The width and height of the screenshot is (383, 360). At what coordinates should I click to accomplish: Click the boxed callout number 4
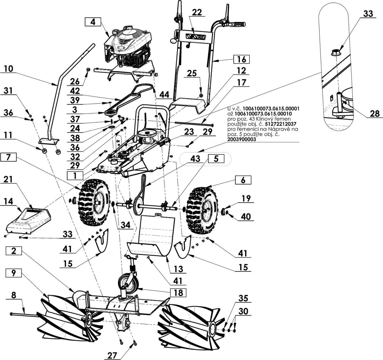(x=93, y=22)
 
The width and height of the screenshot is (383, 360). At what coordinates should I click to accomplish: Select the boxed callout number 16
(x=242, y=59)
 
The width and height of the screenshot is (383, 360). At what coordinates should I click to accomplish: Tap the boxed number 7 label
(x=8, y=157)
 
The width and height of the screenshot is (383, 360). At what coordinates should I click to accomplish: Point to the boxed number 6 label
(x=243, y=180)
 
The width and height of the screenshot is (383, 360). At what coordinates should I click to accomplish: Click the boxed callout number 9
(x=13, y=273)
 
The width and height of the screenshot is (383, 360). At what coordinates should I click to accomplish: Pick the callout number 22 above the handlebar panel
(x=197, y=13)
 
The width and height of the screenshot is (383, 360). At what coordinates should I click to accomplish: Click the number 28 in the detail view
(x=375, y=114)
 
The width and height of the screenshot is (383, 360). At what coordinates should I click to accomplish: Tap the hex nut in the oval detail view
(x=336, y=52)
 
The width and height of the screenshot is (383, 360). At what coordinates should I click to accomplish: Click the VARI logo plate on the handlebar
(x=196, y=37)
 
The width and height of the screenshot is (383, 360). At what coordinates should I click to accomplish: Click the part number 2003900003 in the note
(x=242, y=139)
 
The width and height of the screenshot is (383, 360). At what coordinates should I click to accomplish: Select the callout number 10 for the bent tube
(x=8, y=69)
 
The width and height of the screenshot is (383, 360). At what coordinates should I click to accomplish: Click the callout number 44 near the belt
(x=164, y=95)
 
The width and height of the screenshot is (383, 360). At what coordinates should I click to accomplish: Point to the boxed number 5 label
(x=216, y=159)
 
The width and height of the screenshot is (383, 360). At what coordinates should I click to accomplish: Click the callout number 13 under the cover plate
(x=178, y=269)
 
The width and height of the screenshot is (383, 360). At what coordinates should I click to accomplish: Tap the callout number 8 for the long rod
(x=14, y=295)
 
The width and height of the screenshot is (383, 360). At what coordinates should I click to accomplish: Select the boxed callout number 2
(x=14, y=251)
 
